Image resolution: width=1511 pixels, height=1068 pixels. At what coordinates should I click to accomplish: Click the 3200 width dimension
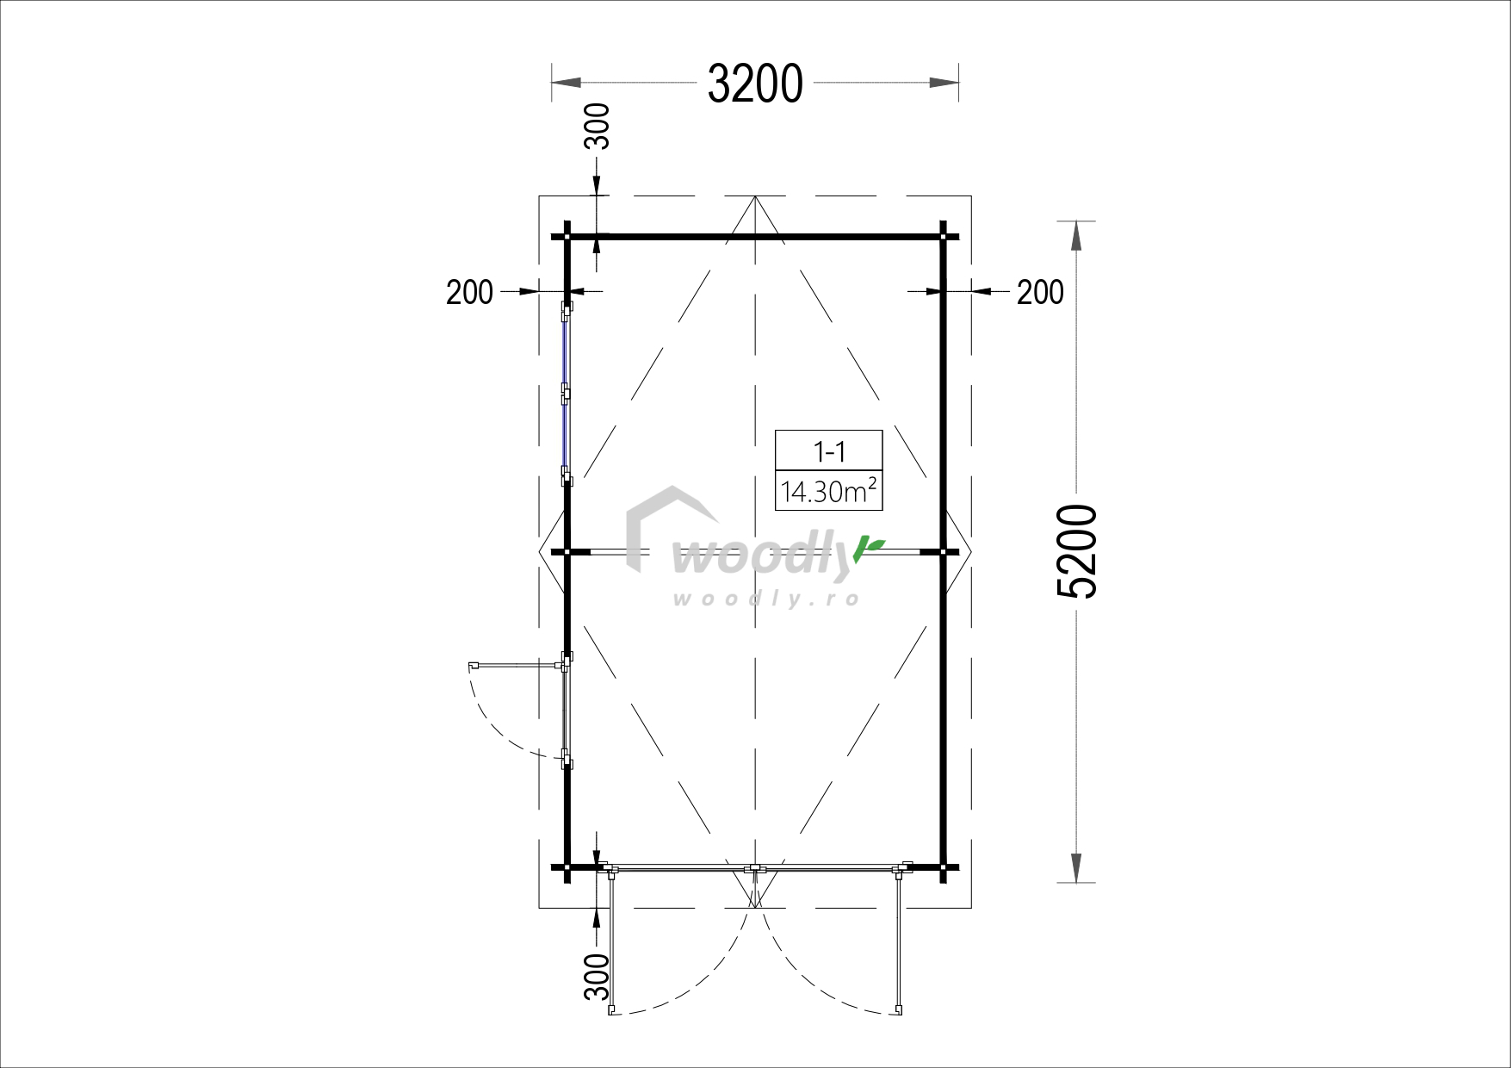point(755,84)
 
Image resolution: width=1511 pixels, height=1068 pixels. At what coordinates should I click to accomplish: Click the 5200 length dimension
point(1076,551)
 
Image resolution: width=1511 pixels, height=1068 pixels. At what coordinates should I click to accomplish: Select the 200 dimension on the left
point(469,293)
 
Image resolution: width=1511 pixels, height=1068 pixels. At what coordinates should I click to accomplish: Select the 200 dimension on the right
point(1040,293)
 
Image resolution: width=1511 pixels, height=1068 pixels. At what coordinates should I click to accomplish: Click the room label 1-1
point(828,451)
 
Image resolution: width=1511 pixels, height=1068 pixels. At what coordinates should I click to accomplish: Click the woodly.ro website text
point(765,598)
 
